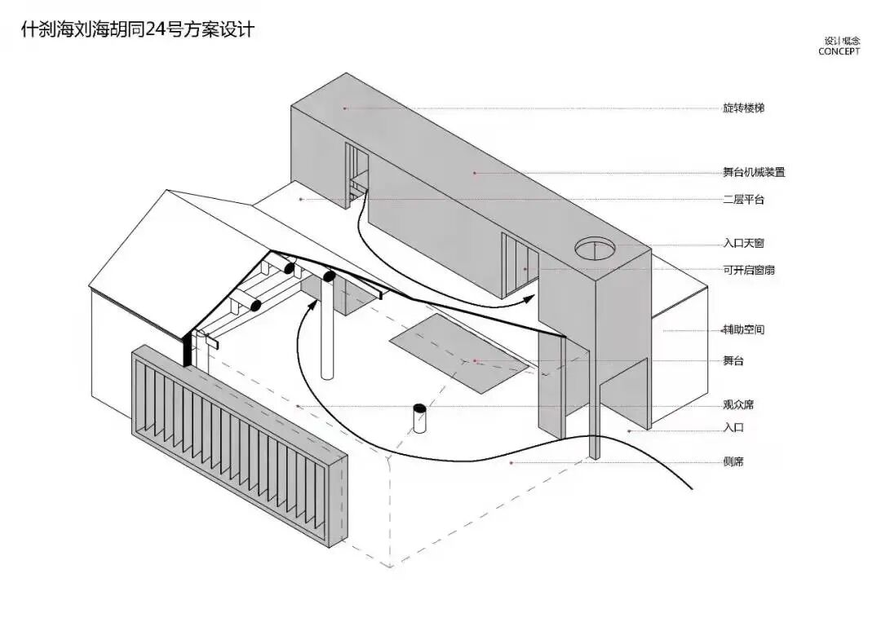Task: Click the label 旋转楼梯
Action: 742,108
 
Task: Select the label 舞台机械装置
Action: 754,172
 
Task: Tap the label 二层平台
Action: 742,199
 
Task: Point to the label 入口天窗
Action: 742,243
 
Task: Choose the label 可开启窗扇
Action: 748,269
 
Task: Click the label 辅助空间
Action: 742,330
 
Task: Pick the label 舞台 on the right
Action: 733,360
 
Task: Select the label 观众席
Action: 737,404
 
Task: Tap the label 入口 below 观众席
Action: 733,427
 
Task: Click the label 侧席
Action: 733,462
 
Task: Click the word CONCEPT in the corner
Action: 839,51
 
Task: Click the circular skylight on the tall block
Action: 595,247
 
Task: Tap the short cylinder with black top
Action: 420,418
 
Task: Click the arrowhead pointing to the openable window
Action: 529,298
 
